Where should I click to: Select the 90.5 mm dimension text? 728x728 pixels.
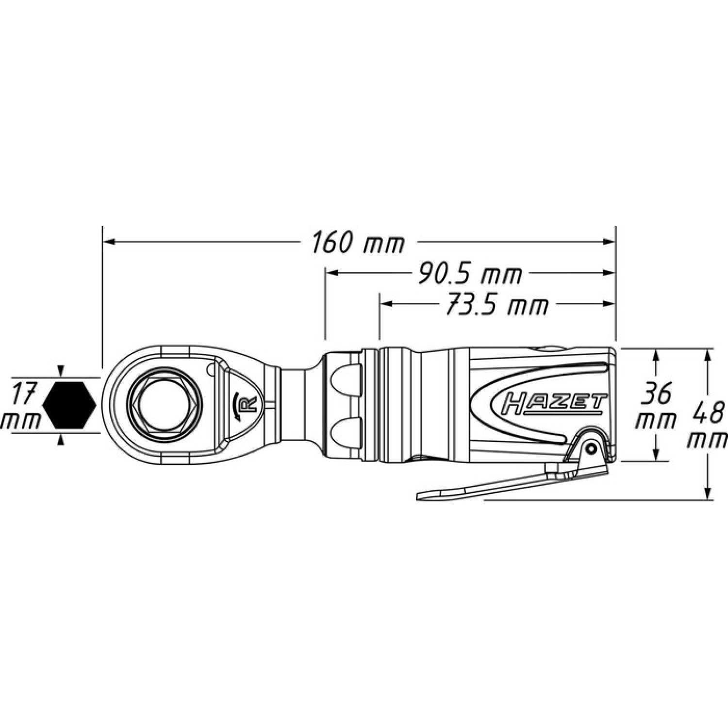coord(470,274)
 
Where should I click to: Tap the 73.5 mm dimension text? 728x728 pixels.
coord(496,305)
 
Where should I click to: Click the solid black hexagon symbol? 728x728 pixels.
coord(69,405)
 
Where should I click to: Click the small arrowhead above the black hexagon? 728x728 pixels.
coord(61,371)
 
